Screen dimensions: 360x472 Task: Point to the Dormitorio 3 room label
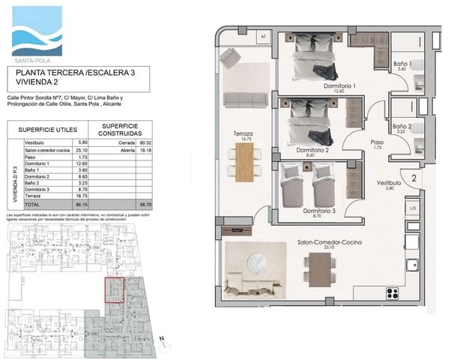coord(320,212)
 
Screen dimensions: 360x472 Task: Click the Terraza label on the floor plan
coord(243,136)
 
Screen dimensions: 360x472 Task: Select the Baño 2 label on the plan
coord(402,128)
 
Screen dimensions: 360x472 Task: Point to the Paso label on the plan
coord(377,143)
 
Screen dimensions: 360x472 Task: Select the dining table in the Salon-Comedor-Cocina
coord(318,266)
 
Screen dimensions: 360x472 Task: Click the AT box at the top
coord(262,36)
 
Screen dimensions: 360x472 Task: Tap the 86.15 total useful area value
coord(82,204)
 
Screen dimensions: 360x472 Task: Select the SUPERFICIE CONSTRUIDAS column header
coord(120,130)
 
